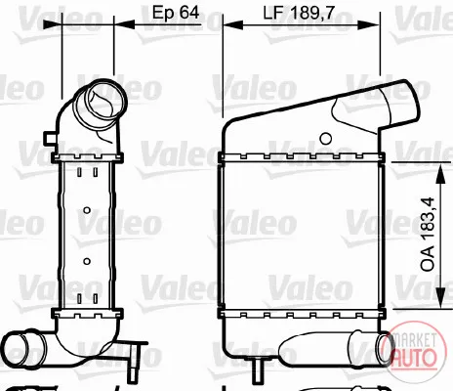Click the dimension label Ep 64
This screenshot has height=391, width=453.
point(176,13)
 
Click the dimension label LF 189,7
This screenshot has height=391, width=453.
point(299,14)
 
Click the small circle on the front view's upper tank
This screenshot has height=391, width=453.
point(325,139)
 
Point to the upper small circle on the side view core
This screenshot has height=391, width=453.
point(87,210)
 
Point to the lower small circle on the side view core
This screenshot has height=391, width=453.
point(87,261)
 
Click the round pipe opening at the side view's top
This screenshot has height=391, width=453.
point(101,101)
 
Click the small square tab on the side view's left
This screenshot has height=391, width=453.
point(51,138)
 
